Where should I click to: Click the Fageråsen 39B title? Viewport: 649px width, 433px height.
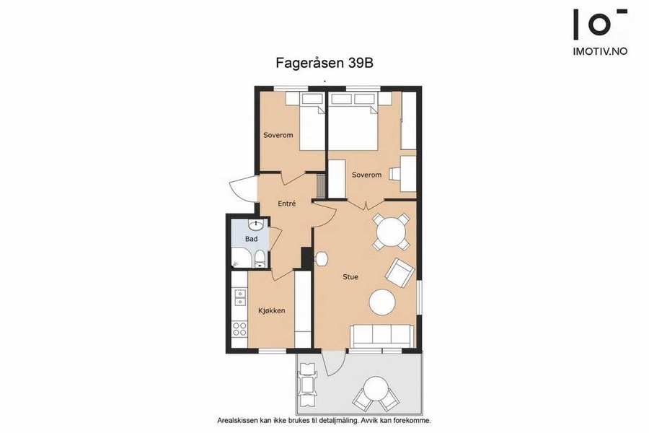click(324, 63)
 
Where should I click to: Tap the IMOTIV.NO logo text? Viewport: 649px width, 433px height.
click(600, 51)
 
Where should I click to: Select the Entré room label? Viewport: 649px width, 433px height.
click(287, 204)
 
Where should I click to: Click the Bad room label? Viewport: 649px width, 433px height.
click(251, 239)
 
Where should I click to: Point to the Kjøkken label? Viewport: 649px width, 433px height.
click(272, 310)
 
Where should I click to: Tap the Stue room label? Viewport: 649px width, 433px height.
click(350, 277)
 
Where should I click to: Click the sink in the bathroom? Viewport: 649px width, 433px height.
click(256, 225)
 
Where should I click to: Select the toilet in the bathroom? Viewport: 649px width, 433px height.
click(260, 259)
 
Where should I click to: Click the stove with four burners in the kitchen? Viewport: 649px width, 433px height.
click(239, 329)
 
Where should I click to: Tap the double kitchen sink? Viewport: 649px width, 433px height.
click(239, 297)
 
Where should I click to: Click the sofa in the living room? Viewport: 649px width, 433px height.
click(382, 336)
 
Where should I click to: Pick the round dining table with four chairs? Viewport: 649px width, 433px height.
click(391, 232)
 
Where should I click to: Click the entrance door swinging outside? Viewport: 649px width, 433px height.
click(240, 188)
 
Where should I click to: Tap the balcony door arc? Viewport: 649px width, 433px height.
click(334, 364)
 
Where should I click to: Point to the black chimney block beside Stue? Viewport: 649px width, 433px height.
click(307, 258)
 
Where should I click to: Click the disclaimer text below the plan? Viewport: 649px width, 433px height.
click(324, 420)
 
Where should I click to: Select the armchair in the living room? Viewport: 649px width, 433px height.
click(399, 273)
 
